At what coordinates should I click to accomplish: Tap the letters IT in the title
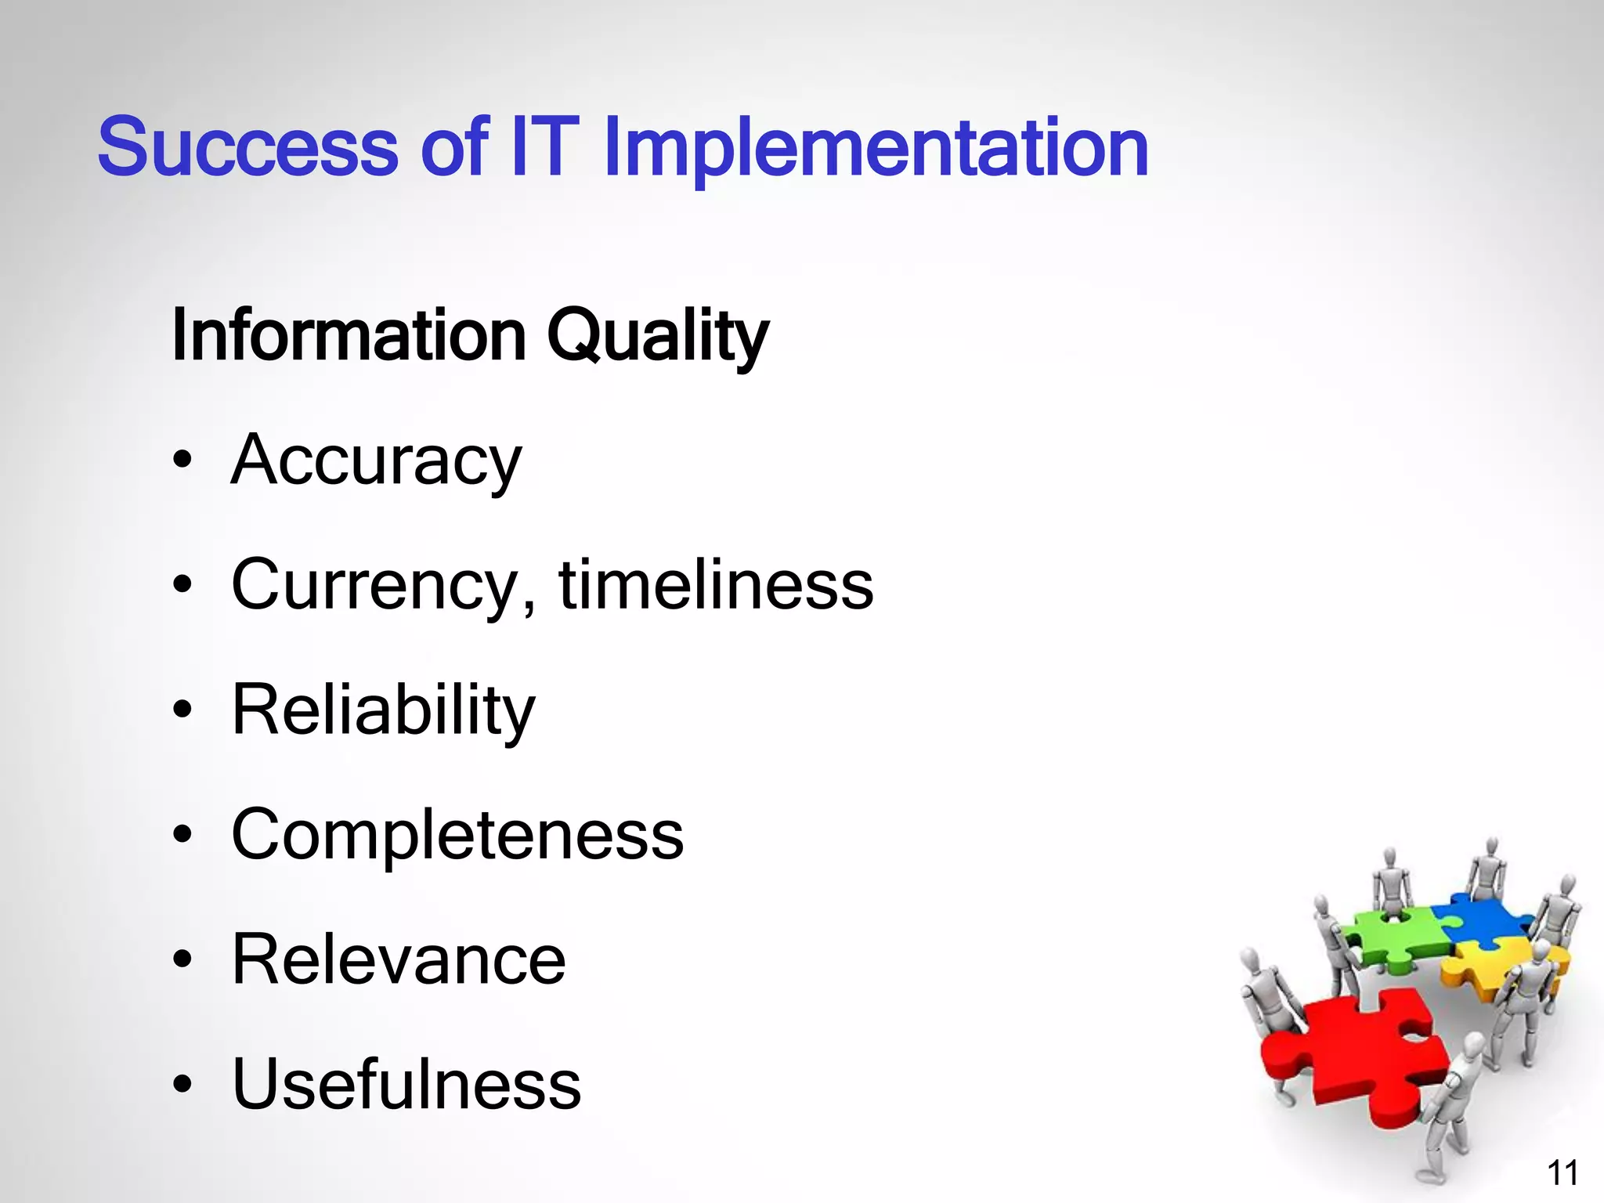544,146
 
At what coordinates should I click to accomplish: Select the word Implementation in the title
875,149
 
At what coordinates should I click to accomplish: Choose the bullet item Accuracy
376,461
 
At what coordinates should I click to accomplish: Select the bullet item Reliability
383,711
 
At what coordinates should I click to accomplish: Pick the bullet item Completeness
457,835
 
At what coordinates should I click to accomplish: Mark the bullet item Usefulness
406,1085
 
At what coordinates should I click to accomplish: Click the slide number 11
1562,1173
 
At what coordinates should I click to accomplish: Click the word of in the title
454,146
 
